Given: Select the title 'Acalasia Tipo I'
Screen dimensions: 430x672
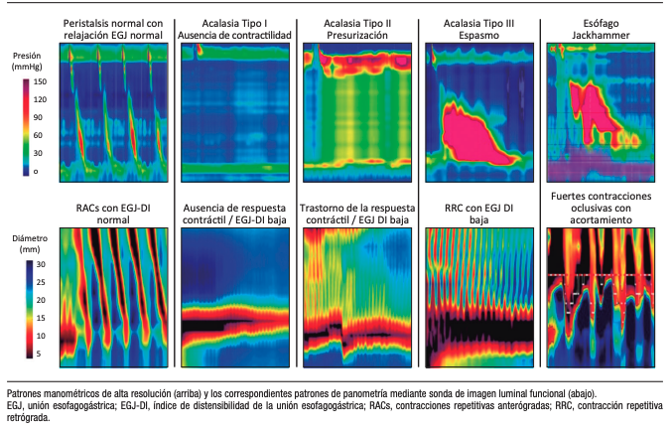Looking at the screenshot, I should (236, 20).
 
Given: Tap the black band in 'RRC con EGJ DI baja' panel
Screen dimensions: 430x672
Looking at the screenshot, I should (477, 328).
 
